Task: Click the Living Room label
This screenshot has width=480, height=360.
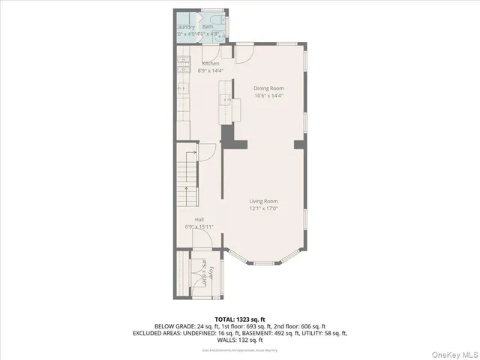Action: click(264, 201)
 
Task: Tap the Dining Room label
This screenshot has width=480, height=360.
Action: click(269, 88)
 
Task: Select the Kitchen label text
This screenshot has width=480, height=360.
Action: click(210, 64)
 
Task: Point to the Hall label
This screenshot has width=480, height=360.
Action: click(199, 220)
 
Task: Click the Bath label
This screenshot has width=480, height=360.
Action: click(207, 27)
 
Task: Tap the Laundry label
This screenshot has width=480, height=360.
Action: click(184, 27)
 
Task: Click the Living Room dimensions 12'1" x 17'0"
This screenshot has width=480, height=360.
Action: click(264, 209)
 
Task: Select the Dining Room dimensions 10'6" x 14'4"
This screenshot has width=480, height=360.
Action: click(269, 96)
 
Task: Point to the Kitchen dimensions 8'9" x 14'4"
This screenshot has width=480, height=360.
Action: click(210, 71)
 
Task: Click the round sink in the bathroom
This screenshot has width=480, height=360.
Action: click(219, 34)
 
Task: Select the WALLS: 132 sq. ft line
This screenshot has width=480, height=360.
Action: click(241, 339)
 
